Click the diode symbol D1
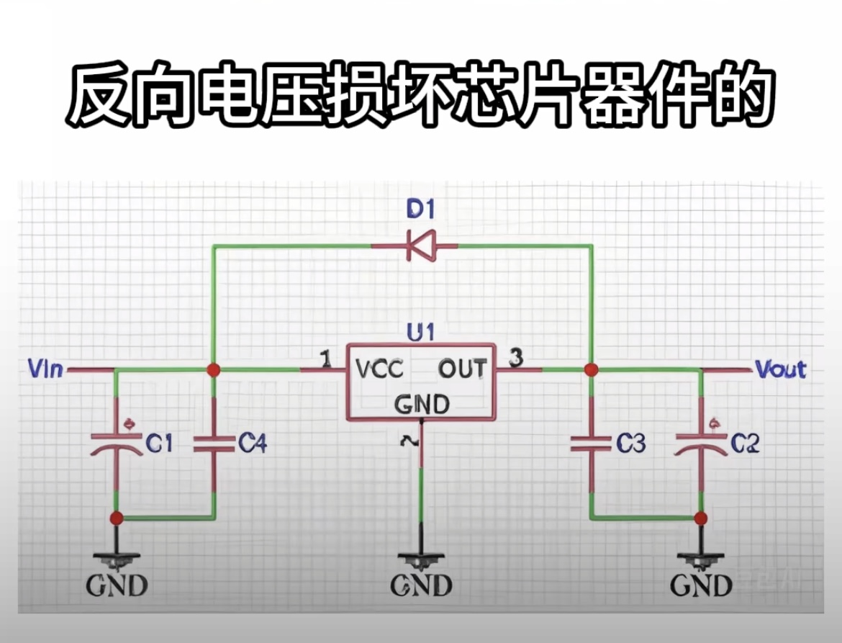click(419, 246)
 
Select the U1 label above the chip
click(420, 333)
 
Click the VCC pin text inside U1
click(379, 370)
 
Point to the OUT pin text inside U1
click(462, 370)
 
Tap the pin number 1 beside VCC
click(326, 358)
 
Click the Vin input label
click(45, 370)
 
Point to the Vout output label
click(781, 370)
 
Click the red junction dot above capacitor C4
click(213, 370)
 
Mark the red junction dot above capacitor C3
click(591, 370)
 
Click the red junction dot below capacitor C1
click(117, 518)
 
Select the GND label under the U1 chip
click(421, 585)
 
